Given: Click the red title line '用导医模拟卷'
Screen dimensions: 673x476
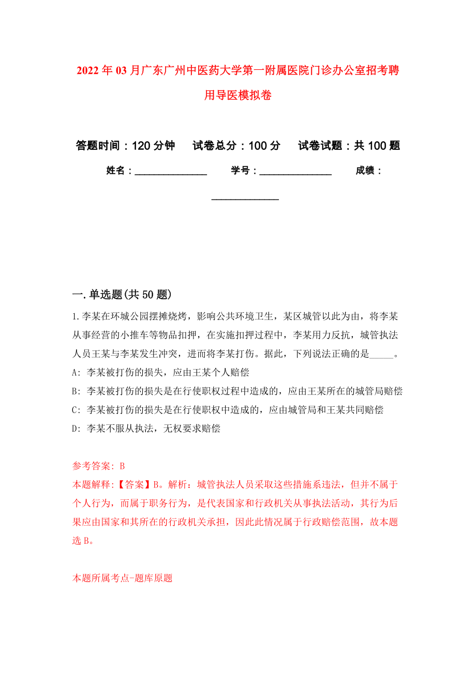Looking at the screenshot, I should [238, 95].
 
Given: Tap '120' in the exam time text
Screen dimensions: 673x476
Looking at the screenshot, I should [142, 146].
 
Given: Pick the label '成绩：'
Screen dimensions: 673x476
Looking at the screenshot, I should [368, 171].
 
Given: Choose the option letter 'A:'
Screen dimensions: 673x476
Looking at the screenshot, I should [77, 372].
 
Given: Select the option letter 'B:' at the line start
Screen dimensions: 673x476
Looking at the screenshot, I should [77, 391].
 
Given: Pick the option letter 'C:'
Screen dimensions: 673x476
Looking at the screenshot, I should [77, 410].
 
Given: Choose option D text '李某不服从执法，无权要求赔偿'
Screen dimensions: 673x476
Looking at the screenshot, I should [153, 429].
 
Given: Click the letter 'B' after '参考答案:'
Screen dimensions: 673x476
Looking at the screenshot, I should [123, 466].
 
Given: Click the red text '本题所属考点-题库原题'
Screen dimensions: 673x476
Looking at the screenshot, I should [123, 578].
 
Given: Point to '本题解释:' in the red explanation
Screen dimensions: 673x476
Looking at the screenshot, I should [93, 485].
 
